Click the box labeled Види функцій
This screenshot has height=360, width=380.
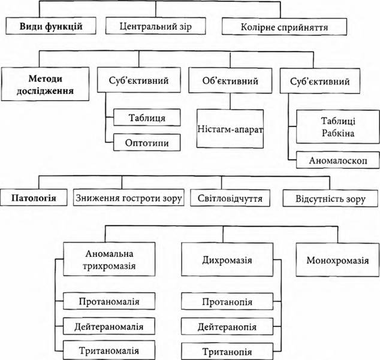(50, 26)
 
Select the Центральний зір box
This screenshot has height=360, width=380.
(159, 26)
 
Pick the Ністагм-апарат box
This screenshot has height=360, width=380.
(231, 128)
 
